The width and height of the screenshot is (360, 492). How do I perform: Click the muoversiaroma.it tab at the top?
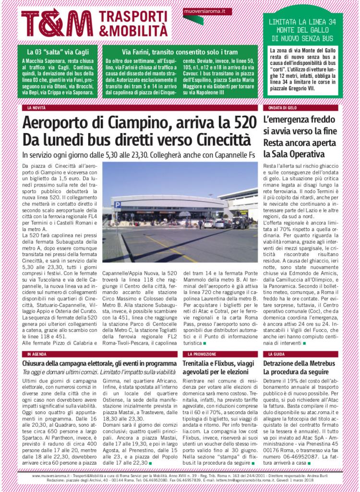click(x=207, y=11)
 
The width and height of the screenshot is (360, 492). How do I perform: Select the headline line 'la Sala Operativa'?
click(x=294, y=154)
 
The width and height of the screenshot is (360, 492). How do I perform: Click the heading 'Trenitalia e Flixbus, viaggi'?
click(x=218, y=363)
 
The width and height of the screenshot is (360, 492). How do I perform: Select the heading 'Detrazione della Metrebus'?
click(x=299, y=363)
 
